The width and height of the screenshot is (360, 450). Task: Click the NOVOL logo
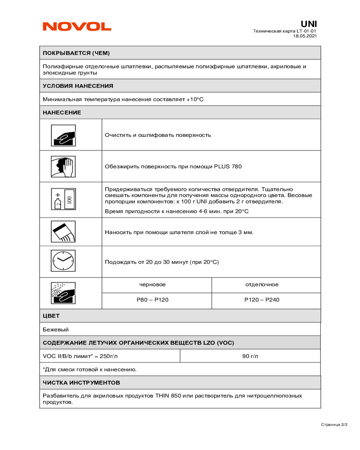[77, 27]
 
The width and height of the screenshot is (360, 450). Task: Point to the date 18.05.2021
[305, 36]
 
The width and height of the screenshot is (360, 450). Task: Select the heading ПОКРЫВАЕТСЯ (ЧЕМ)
[76, 53]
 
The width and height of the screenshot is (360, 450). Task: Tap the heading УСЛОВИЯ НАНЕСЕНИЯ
[78, 85]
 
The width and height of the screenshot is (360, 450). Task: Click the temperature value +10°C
[195, 99]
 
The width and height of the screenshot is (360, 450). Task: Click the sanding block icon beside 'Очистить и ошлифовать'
[63, 135]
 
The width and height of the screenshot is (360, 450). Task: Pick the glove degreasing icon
[63, 166]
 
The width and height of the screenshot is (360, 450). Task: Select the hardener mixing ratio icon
[63, 198]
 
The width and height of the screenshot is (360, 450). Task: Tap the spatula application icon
[63, 232]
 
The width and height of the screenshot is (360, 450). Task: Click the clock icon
[63, 261]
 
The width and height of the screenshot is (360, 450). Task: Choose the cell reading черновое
[153, 284]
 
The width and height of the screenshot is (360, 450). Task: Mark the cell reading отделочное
[262, 284]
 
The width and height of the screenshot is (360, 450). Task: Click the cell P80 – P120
[153, 300]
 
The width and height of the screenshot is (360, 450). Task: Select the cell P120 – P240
[262, 300]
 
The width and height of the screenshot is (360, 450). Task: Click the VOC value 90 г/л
[250, 356]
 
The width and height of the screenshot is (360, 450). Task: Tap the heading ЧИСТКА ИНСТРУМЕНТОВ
[81, 382]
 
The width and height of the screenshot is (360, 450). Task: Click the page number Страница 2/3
[334, 424]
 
